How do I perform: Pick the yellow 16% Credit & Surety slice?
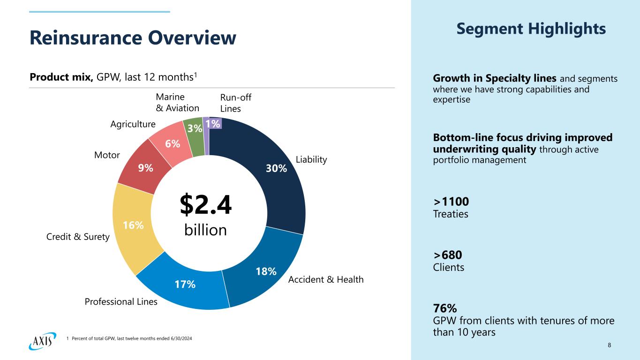tap(133, 226)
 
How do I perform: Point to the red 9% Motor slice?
tap(145, 167)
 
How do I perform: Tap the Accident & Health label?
tap(326, 280)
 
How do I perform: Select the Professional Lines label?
tap(121, 302)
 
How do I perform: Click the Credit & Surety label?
tap(78, 237)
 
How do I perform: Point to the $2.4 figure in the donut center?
tap(206, 206)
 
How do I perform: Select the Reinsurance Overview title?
tap(133, 38)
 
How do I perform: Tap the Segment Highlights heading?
tap(531, 29)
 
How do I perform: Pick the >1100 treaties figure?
tap(451, 202)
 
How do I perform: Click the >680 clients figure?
tap(448, 255)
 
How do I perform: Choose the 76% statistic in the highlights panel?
tap(445, 308)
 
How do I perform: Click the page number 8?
tap(609, 345)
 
